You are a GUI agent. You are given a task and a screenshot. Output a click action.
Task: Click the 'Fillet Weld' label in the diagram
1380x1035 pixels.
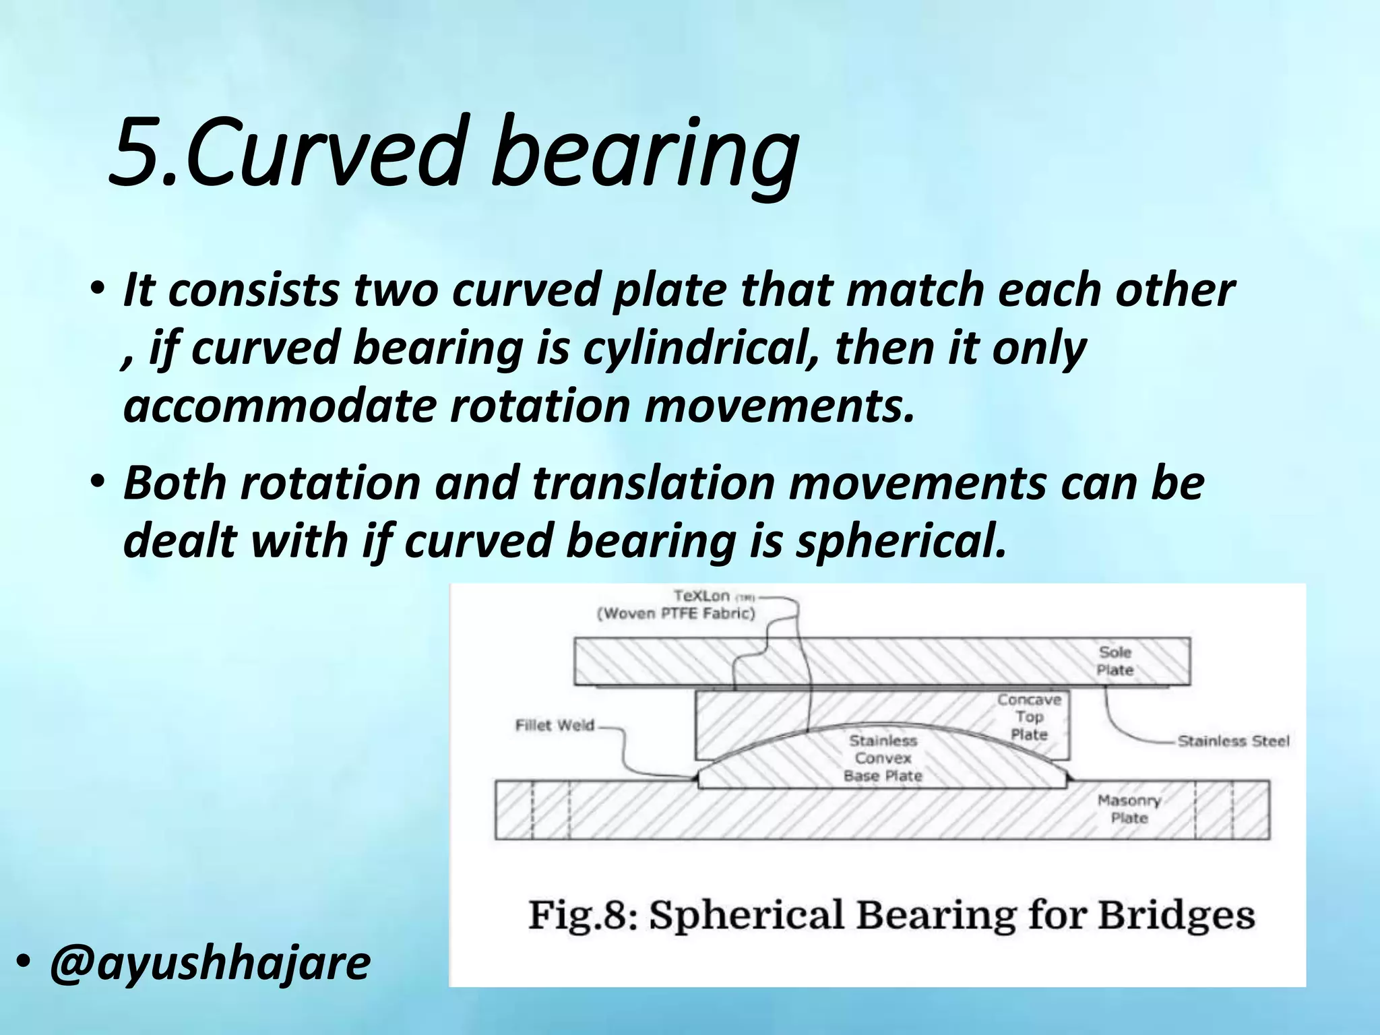point(555,726)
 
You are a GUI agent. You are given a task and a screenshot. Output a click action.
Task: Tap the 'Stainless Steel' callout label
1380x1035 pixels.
point(1233,741)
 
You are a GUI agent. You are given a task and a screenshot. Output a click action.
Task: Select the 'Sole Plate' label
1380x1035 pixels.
point(1115,661)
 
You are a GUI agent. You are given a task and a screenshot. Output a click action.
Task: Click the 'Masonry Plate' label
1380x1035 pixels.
point(1129,809)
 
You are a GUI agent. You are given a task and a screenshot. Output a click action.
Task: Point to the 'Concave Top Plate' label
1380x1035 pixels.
point(1029,717)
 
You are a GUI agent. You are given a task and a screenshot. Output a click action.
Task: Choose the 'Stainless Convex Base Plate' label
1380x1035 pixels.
point(883,758)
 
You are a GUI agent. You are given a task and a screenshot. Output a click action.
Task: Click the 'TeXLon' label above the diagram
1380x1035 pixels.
point(702,596)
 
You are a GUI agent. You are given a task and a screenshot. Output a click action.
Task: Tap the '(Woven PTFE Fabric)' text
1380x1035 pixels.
point(676,613)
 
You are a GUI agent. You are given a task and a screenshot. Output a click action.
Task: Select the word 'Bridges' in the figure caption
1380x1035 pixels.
point(1177,915)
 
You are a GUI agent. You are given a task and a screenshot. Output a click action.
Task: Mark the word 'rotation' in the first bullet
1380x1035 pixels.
point(539,406)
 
